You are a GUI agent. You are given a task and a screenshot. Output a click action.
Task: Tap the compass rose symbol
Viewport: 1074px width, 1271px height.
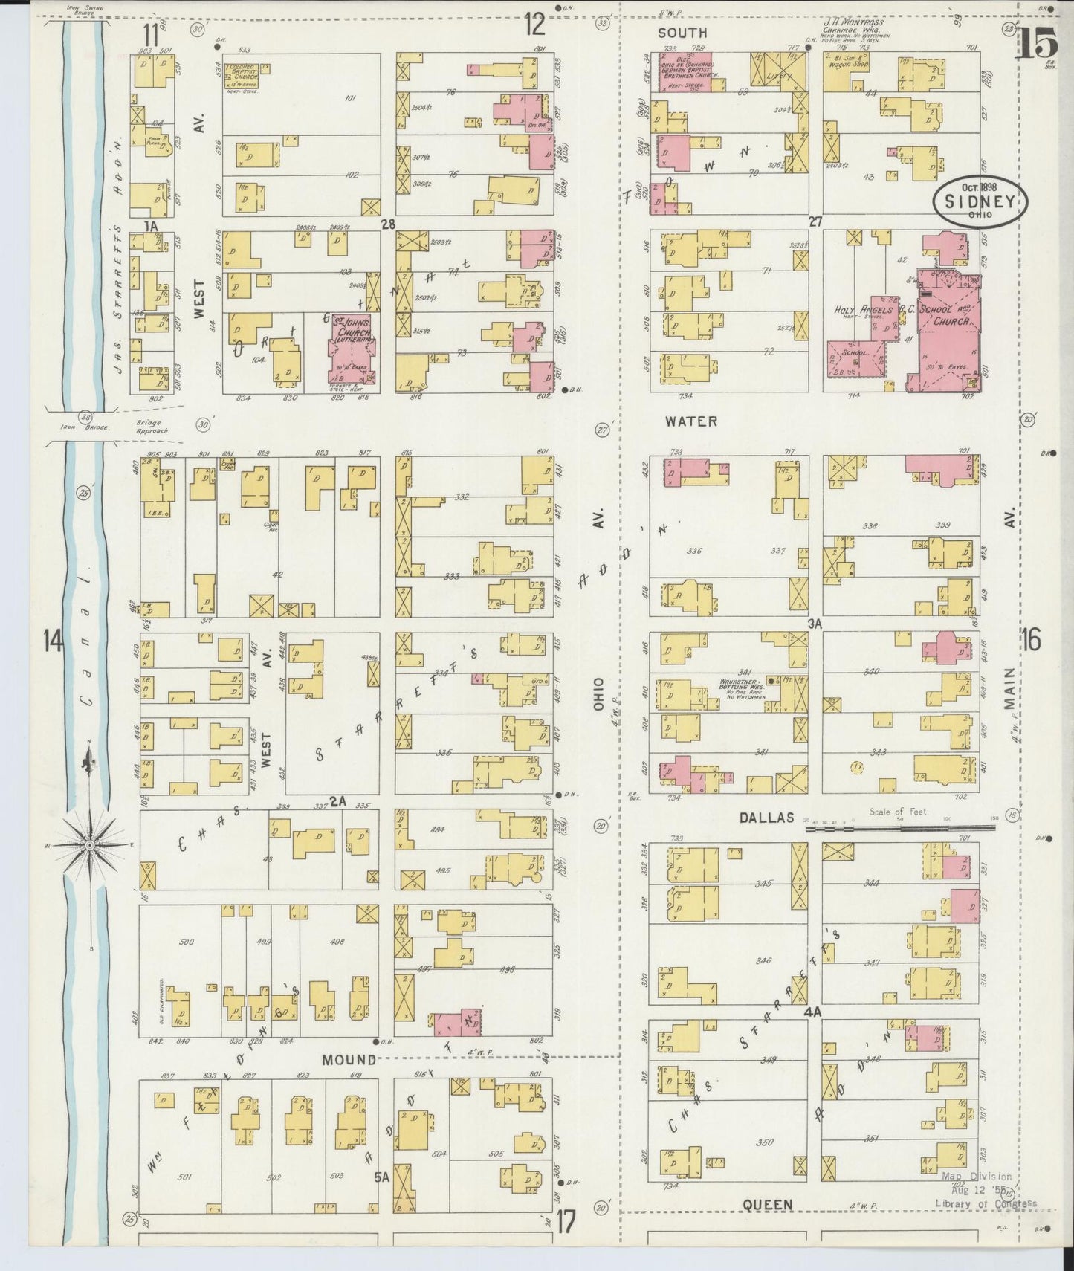click(x=89, y=845)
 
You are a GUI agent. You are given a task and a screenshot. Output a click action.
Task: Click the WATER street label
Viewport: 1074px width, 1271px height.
click(x=690, y=421)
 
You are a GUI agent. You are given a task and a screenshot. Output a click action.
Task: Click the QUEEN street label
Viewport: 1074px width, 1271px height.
click(x=769, y=1205)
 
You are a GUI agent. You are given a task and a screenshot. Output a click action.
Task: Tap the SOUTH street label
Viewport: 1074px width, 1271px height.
click(x=682, y=33)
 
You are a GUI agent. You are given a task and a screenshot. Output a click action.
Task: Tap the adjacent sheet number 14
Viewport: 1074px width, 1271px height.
click(x=52, y=638)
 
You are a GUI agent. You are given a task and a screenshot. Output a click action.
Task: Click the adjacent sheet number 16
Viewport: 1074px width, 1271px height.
click(x=1032, y=638)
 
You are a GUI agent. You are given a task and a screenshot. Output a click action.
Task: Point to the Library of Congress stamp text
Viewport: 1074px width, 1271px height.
click(x=985, y=1204)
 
